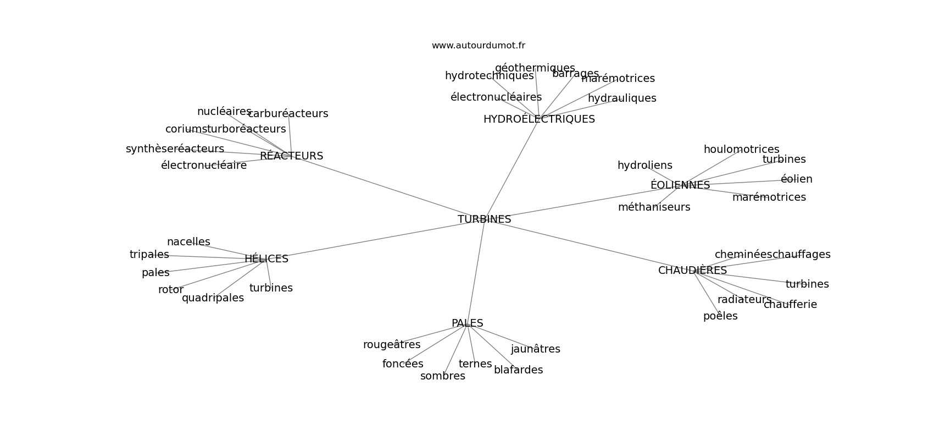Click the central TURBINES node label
484,219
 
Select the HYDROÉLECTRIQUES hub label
539,119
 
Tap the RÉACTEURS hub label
291,156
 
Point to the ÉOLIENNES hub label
680,185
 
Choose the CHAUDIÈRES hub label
692,271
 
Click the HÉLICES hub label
266,259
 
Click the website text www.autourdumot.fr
478,46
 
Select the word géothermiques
535,68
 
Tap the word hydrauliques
621,98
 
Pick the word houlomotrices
741,150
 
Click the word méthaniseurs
654,207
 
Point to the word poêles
720,316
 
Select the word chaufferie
790,305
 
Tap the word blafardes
518,370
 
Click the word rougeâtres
391,345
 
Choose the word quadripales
213,298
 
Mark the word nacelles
188,242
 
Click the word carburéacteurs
288,114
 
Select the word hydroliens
644,166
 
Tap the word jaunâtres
535,349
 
